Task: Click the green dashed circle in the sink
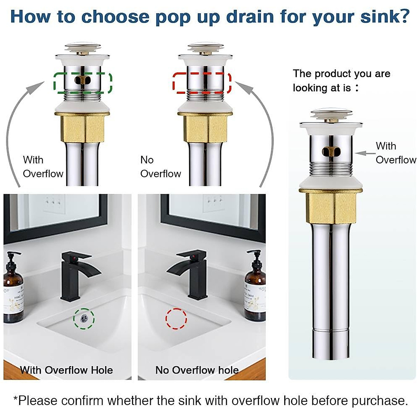[84, 318]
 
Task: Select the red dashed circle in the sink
[176, 318]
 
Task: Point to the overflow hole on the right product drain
[330, 151]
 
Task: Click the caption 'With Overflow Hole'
[66, 370]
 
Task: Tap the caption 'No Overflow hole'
[197, 370]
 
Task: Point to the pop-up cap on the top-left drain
[83, 46]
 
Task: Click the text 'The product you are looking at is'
[341, 80]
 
